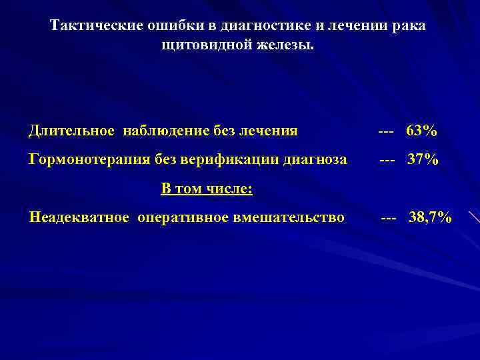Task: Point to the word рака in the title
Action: click(x=408, y=26)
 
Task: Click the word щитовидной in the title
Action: click(x=199, y=46)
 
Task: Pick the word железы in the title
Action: click(x=287, y=46)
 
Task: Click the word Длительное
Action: click(x=71, y=131)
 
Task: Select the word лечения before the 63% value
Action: click(x=269, y=131)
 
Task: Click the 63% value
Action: click(x=422, y=131)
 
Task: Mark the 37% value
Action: click(x=423, y=160)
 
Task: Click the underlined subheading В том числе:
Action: click(x=207, y=189)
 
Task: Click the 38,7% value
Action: click(x=430, y=217)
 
